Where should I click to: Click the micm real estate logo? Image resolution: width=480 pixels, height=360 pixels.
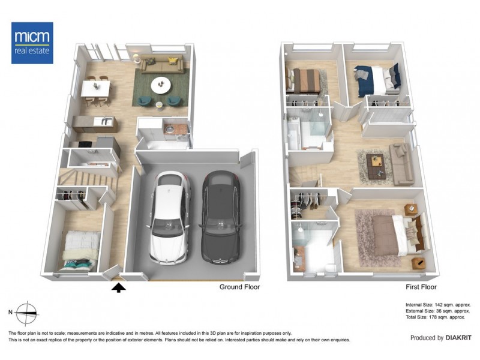click(32, 43)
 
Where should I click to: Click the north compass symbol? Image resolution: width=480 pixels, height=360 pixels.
click(26, 313)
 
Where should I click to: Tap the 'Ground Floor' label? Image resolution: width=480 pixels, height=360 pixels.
click(239, 287)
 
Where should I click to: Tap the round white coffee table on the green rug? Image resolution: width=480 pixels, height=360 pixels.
click(161, 83)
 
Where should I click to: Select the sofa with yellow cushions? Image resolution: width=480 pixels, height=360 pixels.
click(160, 63)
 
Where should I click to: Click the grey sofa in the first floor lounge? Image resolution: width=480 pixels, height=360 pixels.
click(400, 163)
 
